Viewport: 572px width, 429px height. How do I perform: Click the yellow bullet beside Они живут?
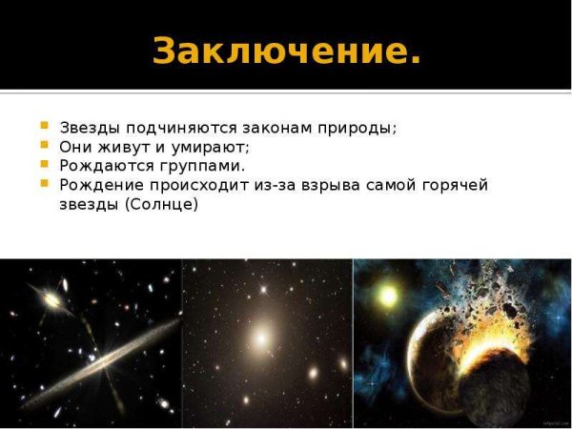pyautogui.click(x=44, y=145)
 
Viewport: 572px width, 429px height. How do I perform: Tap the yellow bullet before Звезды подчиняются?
pyautogui.click(x=44, y=126)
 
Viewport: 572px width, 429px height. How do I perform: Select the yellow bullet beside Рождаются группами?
pyautogui.click(x=44, y=163)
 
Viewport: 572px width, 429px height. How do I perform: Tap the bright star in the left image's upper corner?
pyautogui.click(x=48, y=299)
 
